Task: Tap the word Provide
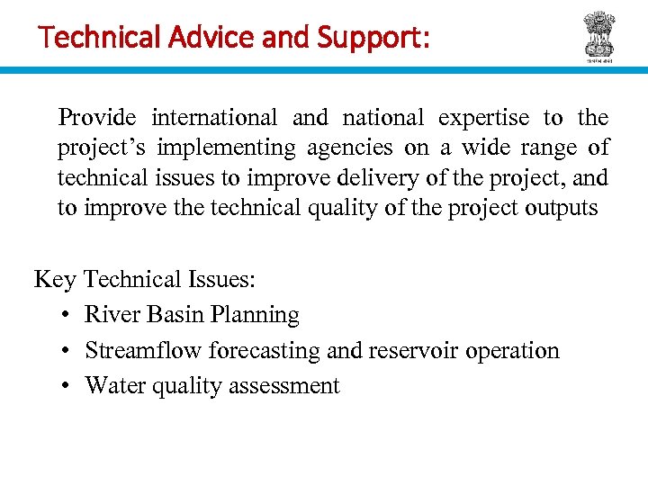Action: click(x=97, y=118)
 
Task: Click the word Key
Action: click(x=55, y=279)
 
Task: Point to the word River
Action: click(x=112, y=315)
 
